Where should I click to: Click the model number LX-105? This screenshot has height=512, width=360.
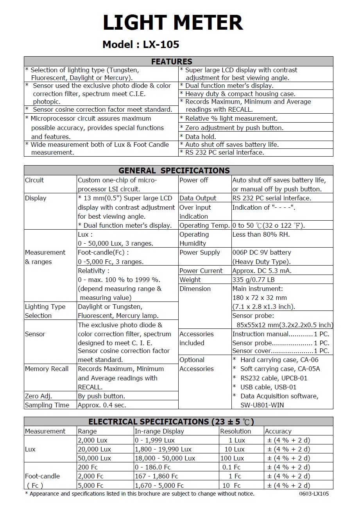pos(161,45)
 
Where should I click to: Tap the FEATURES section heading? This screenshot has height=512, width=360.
pos(172,61)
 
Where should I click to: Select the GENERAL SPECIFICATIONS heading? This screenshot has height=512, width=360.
pos(174,170)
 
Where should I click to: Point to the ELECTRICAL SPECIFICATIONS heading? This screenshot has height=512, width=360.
pos(171,422)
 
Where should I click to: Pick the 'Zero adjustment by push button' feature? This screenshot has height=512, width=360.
pos(234,128)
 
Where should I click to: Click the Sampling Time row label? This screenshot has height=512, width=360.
pos(47,405)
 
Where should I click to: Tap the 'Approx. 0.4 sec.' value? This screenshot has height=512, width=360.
pos(102,405)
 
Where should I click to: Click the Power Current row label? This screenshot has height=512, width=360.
pos(201,271)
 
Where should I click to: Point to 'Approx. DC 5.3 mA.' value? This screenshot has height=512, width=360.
pos(262,271)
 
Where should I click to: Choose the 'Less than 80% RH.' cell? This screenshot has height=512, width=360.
pos(261,234)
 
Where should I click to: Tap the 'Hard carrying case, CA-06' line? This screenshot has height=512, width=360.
pos(279,360)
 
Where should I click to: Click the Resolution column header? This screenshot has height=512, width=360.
pos(235,431)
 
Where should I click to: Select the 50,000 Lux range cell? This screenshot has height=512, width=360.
pos(94,458)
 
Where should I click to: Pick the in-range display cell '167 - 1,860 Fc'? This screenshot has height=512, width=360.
pos(156,476)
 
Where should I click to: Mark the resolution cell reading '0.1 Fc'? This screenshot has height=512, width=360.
pos(231,467)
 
